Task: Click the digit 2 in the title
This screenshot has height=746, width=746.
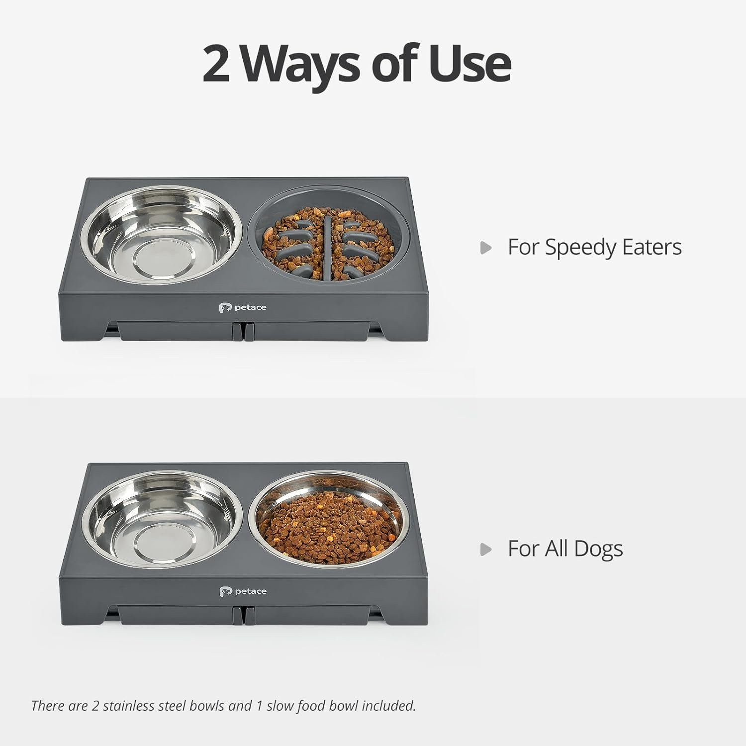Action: coord(216,64)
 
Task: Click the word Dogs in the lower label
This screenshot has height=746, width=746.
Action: coord(598,550)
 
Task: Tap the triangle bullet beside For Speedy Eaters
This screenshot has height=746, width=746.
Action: coord(486,248)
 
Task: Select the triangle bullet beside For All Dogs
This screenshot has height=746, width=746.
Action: coord(486,550)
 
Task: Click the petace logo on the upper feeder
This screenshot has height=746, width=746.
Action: coord(243,308)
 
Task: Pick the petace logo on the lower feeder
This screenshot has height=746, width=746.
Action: coord(243,591)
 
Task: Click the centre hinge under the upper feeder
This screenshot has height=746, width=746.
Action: coord(243,332)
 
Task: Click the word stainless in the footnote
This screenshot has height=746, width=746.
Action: coord(128,706)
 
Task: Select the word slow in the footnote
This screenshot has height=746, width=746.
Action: coord(280,706)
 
